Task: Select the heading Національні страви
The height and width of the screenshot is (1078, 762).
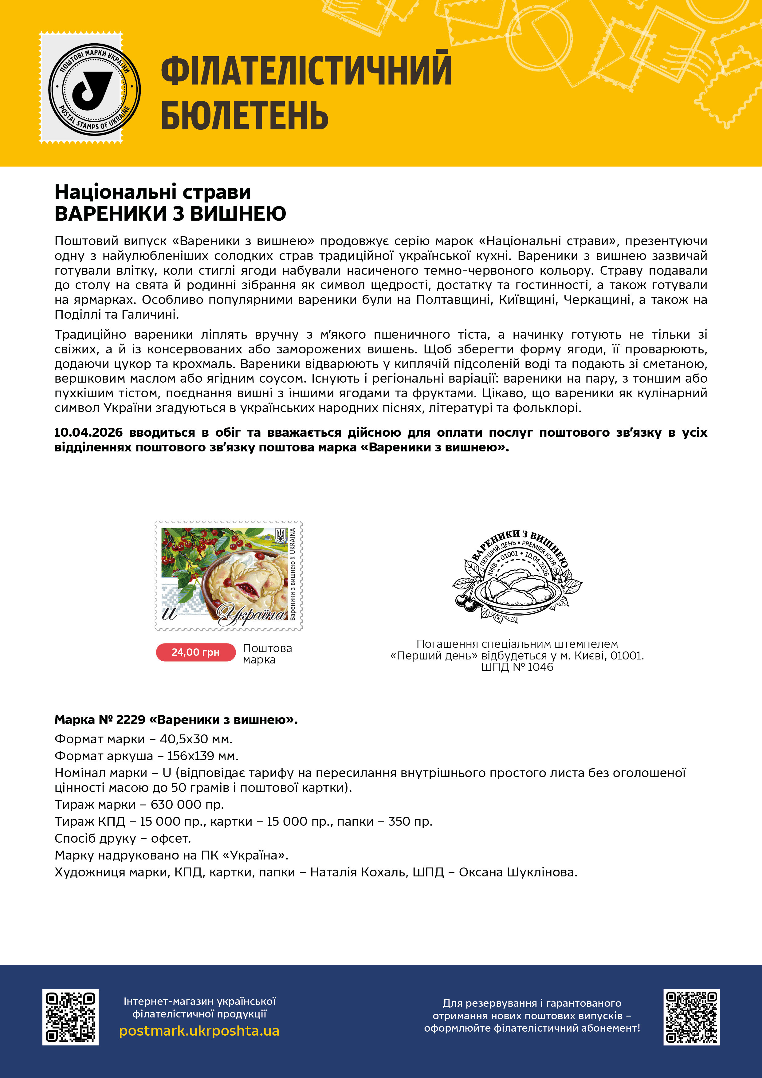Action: (x=153, y=192)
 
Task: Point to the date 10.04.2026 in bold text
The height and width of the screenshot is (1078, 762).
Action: (x=88, y=432)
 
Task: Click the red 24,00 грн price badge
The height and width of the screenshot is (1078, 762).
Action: (x=195, y=652)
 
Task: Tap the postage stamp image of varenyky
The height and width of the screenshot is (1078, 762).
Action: (x=229, y=575)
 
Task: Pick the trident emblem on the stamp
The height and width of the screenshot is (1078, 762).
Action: (x=280, y=534)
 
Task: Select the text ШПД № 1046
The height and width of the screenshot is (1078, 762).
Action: (x=517, y=667)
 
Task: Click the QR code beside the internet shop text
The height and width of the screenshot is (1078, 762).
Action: (x=70, y=1017)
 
